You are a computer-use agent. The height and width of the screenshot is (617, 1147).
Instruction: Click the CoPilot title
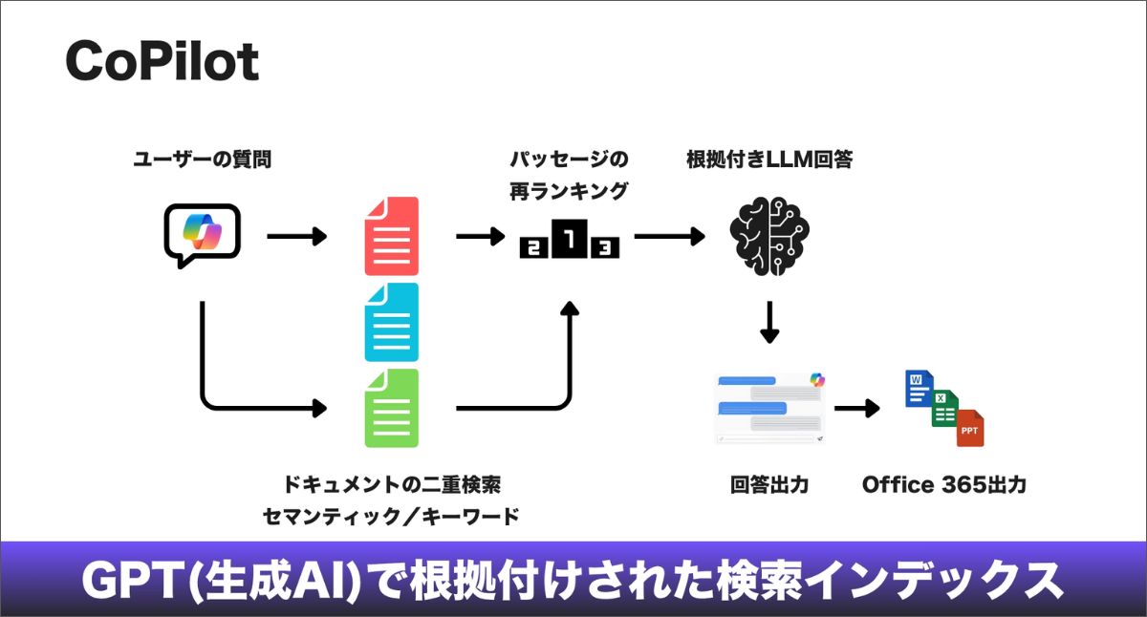162,62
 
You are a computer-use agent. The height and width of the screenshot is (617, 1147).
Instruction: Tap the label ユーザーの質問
202,160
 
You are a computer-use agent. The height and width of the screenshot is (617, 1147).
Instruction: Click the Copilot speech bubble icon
201,233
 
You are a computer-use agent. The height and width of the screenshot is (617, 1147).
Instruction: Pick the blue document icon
391,322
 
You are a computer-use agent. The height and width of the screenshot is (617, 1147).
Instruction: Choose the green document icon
391,408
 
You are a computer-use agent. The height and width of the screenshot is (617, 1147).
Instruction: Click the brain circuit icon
769,235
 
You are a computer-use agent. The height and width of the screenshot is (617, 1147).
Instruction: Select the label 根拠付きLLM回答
768,160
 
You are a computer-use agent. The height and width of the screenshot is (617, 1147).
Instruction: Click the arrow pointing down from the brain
769,322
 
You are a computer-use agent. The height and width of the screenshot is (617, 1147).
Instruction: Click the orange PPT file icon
969,429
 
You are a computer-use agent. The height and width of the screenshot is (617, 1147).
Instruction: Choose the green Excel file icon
944,408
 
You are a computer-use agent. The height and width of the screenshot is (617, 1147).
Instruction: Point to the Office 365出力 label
943,485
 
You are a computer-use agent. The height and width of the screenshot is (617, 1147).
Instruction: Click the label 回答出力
769,485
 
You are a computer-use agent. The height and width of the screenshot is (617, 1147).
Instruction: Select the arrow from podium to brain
669,235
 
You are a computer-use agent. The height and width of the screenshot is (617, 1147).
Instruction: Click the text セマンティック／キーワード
391,518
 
